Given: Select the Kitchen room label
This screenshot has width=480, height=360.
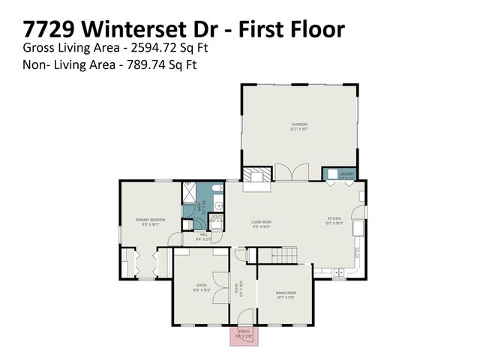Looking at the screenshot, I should pyautogui.click(x=334, y=220).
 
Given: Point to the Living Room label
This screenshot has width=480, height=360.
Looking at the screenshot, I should pyautogui.click(x=261, y=223).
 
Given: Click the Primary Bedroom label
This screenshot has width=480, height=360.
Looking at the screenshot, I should pyautogui.click(x=150, y=221).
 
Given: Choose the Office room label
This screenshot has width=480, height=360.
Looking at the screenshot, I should pyautogui.click(x=201, y=286).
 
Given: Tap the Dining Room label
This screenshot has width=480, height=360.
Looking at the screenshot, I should pyautogui.click(x=286, y=294).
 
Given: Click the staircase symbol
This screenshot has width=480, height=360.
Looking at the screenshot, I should pyautogui.click(x=280, y=256).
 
